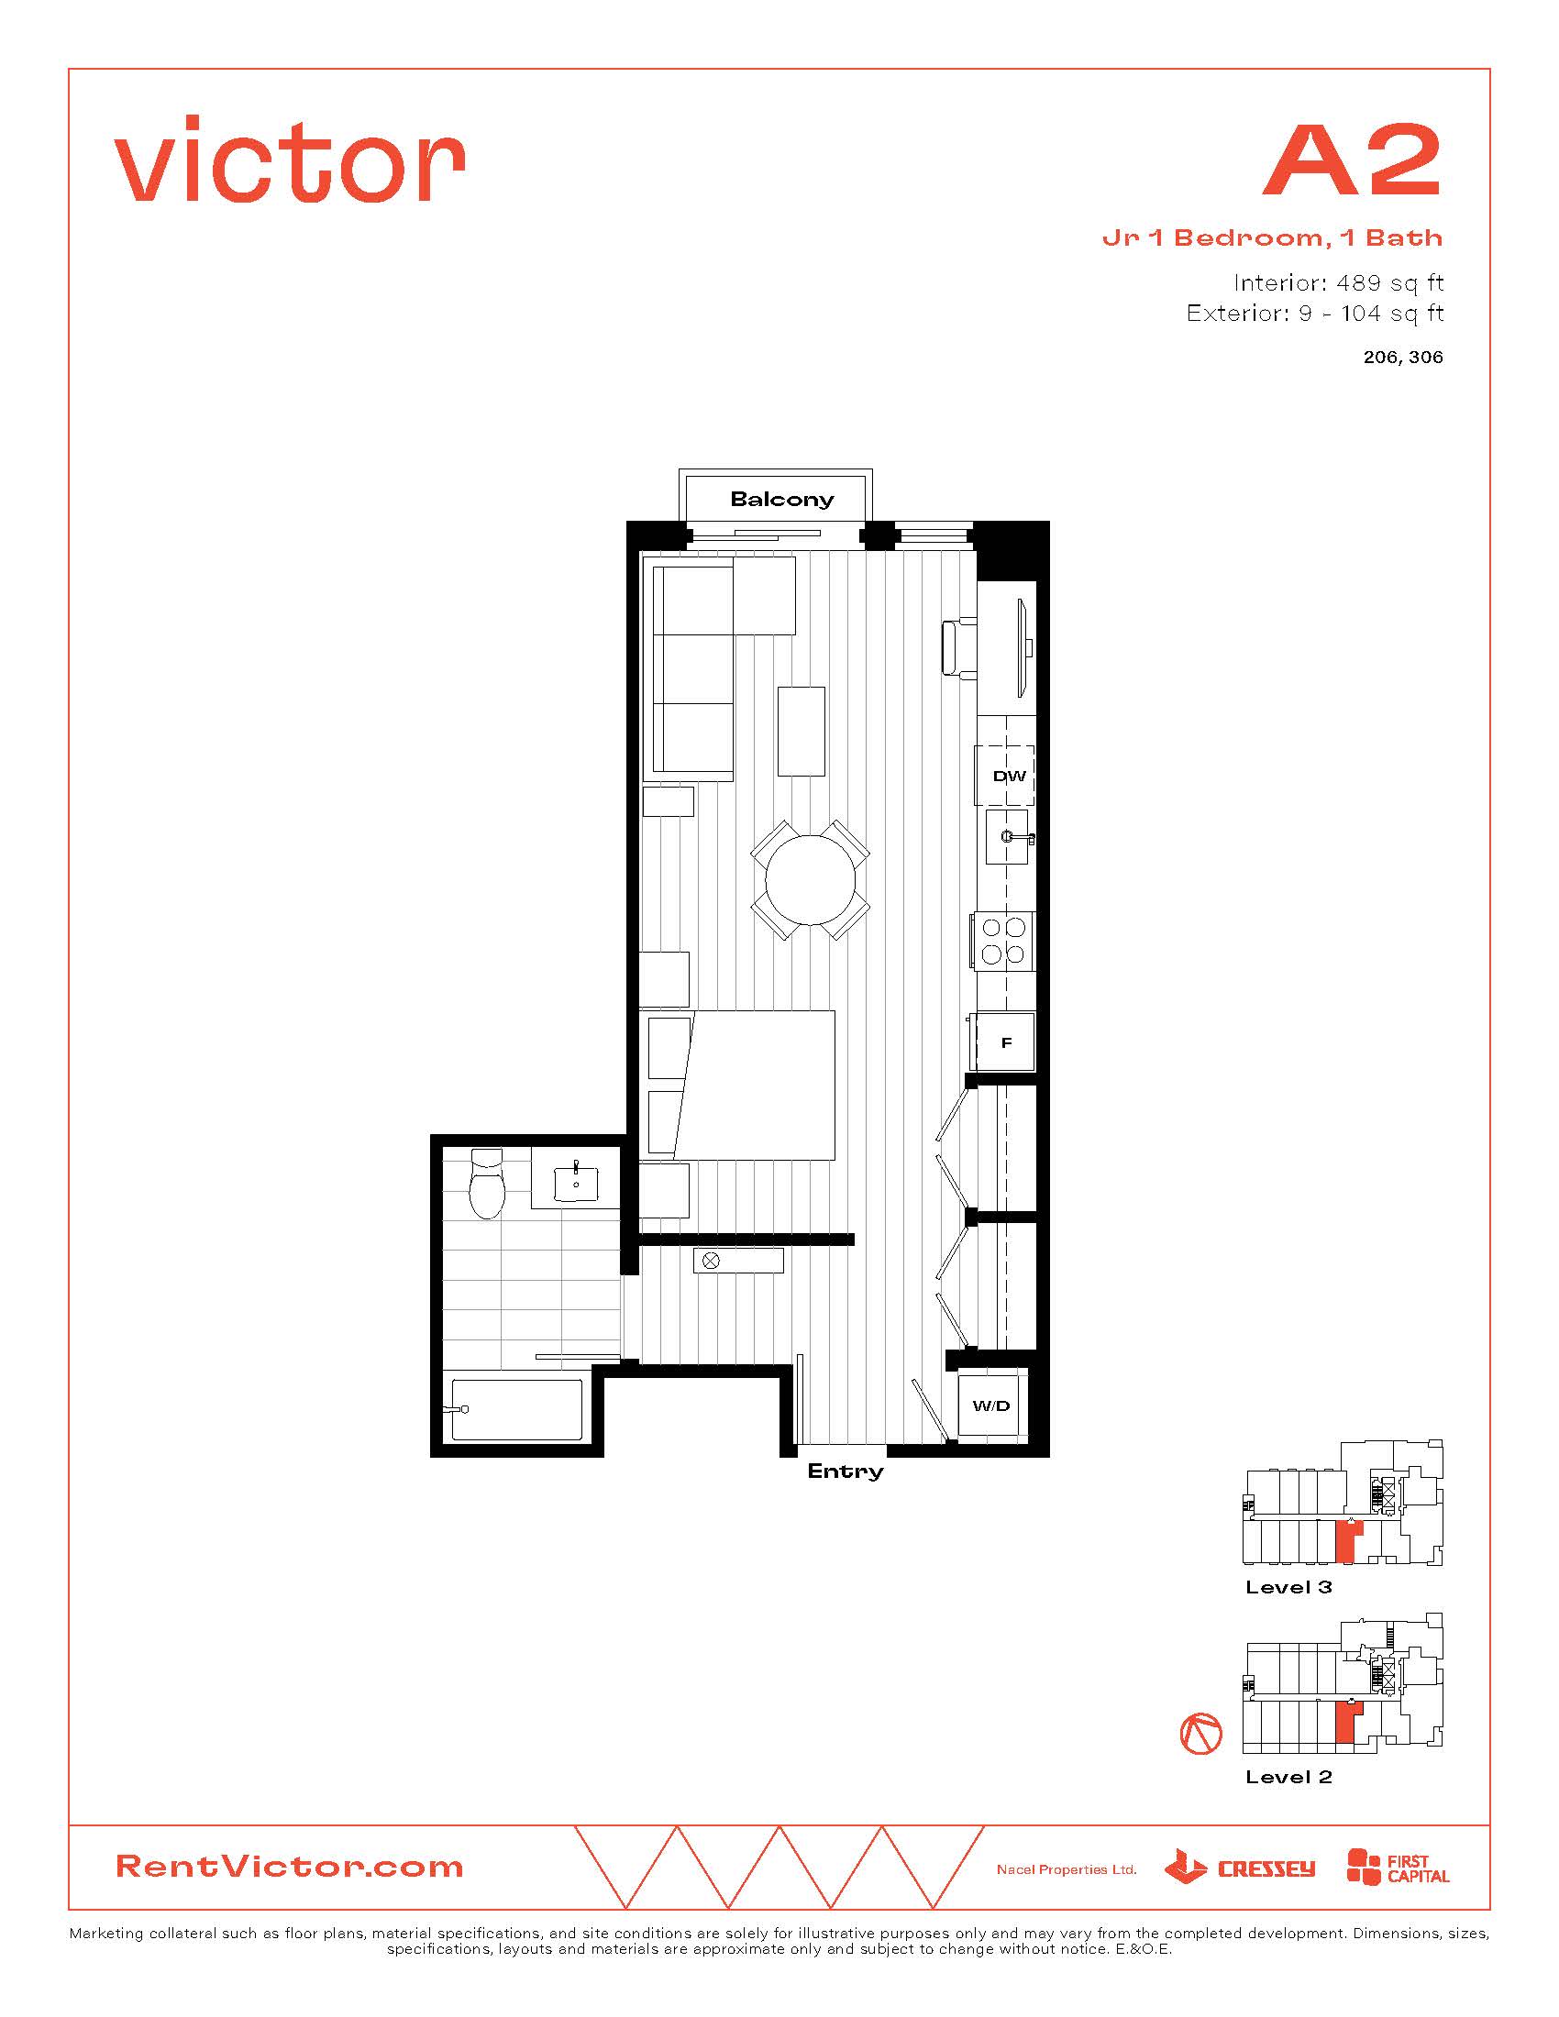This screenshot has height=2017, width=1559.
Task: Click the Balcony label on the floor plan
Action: click(x=781, y=500)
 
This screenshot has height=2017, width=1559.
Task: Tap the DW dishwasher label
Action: click(x=1009, y=776)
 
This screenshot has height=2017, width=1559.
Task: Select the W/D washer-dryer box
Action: click(x=992, y=1405)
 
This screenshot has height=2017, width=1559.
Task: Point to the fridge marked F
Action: click(x=1004, y=1042)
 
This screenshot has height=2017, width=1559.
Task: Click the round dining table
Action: click(x=810, y=879)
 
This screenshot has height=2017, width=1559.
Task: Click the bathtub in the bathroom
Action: click(x=516, y=1408)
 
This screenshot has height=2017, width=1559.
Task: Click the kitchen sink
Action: click(x=1007, y=838)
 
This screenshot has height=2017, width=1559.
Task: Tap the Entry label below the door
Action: click(x=846, y=1471)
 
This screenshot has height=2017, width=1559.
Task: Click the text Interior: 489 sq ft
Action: click(x=1337, y=282)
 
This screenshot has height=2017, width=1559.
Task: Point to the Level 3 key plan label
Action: click(x=1288, y=1587)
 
